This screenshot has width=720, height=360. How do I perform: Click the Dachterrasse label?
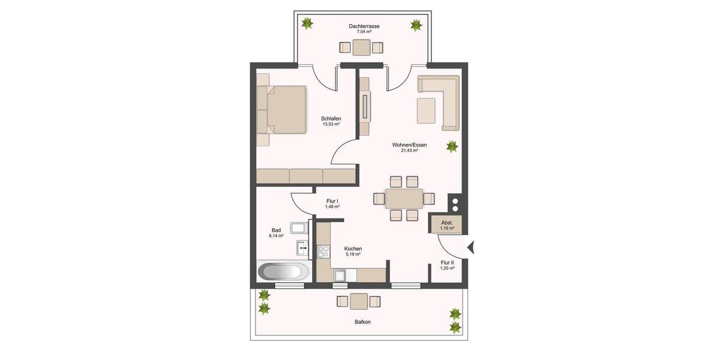click(x=364, y=26)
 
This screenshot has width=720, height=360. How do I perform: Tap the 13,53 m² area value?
click(x=331, y=124)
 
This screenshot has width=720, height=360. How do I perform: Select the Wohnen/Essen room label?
click(x=409, y=145)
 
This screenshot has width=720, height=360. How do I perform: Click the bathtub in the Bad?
click(x=280, y=271)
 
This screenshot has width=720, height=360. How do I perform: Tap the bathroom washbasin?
click(x=302, y=247)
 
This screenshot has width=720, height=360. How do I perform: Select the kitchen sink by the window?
click(x=340, y=275)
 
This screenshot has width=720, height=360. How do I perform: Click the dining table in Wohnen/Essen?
click(x=403, y=198)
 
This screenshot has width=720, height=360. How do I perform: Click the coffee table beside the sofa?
click(x=427, y=110)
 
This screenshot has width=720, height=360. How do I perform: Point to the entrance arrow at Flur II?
click(x=471, y=245)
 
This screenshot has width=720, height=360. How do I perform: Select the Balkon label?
click(x=362, y=322)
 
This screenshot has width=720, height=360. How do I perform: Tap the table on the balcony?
click(x=359, y=301)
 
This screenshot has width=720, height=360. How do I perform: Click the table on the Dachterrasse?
click(x=361, y=47)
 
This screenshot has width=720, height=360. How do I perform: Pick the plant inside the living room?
click(x=452, y=146)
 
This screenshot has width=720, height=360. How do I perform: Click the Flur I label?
click(x=332, y=201)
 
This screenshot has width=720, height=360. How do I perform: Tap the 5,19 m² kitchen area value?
click(x=353, y=254)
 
